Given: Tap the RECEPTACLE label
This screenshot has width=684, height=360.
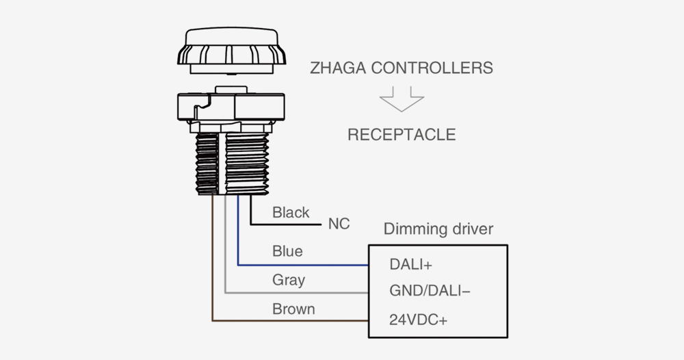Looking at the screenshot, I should [402, 134].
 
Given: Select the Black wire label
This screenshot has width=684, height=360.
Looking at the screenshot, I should [291, 213].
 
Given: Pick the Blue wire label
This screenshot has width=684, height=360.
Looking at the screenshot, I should [287, 251].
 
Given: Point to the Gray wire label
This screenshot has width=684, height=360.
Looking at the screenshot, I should [289, 280].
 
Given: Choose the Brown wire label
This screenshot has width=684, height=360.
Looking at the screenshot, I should [293, 309].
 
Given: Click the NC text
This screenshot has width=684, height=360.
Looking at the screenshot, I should [339, 224].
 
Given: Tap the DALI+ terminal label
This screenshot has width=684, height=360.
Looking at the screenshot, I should [411, 264].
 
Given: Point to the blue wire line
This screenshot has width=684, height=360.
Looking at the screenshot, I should [301, 264].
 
